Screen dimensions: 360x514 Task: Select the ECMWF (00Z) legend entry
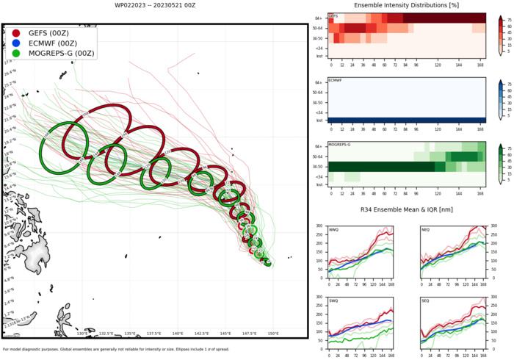pos(53,43)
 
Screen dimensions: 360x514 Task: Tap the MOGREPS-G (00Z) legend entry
pos(60,53)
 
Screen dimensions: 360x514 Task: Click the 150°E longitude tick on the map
pos(272,332)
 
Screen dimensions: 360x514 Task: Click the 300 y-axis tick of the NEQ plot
pos(413,226)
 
